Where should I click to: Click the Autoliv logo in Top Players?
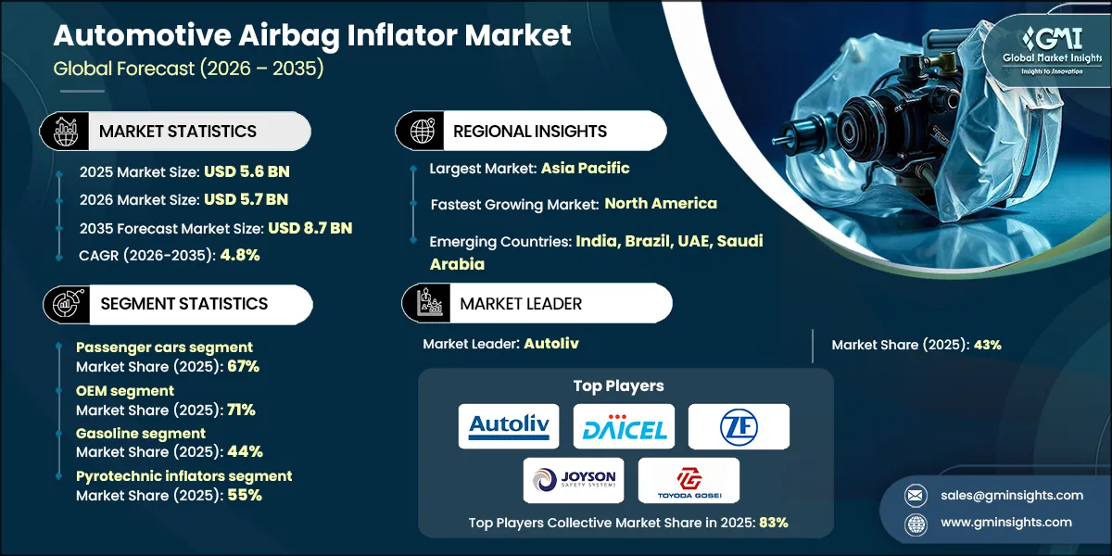[509, 426]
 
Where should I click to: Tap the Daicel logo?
[624, 426]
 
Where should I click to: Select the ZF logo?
[739, 426]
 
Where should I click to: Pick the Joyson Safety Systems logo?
[573, 480]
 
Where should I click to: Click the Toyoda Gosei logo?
[689, 480]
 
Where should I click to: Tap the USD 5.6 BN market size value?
[246, 171]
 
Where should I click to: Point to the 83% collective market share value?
[773, 523]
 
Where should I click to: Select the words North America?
[661, 203]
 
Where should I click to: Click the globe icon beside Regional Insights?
[423, 131]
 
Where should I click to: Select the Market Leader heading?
[521, 303]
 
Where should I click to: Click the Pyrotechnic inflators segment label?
[183, 476]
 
